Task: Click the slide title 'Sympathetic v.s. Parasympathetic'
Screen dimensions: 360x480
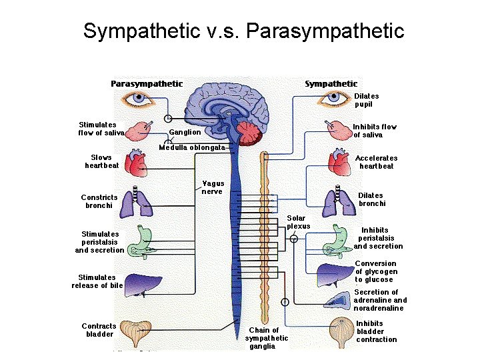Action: pyautogui.click(x=243, y=31)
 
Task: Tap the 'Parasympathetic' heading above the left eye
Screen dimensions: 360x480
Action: pyautogui.click(x=147, y=83)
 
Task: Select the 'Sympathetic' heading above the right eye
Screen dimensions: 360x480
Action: pyautogui.click(x=331, y=83)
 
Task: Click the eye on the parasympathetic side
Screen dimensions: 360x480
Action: pyautogui.click(x=139, y=99)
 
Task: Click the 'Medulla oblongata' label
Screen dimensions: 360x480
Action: pyautogui.click(x=191, y=147)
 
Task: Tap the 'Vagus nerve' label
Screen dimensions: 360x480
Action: pyautogui.click(x=213, y=187)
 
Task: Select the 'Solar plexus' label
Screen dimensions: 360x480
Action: pyautogui.click(x=298, y=222)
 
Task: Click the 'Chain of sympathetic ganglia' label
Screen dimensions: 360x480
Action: pyautogui.click(x=266, y=338)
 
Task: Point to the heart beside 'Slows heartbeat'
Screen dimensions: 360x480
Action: pyautogui.click(x=137, y=162)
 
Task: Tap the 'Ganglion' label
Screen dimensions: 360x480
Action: pyautogui.click(x=184, y=132)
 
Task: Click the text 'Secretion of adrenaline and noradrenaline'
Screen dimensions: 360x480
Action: pyautogui.click(x=379, y=300)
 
